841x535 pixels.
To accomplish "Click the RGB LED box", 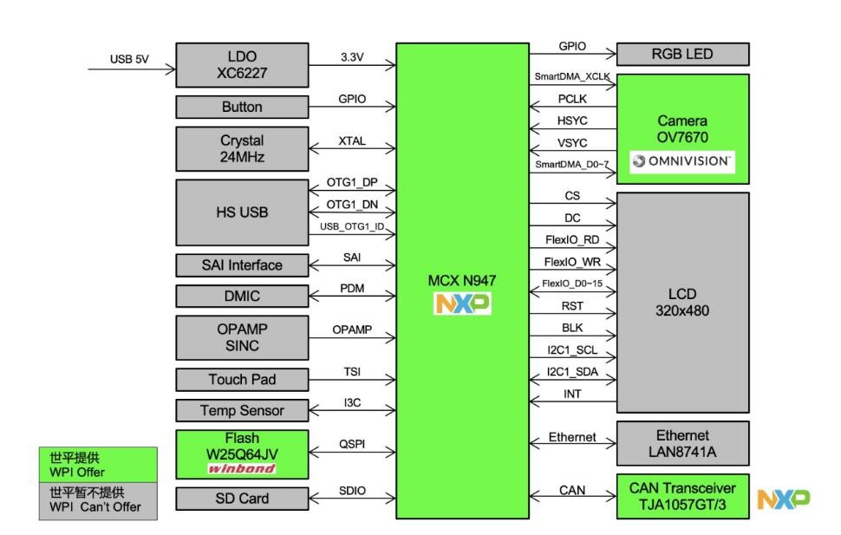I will (x=682, y=55).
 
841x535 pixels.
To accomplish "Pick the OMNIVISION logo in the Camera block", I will (x=682, y=160).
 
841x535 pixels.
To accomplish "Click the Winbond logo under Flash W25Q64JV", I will (x=242, y=468).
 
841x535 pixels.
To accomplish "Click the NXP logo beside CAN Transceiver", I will (x=784, y=498).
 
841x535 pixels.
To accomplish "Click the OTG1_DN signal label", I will (x=352, y=204).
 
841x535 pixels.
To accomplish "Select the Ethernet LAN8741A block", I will (x=682, y=442).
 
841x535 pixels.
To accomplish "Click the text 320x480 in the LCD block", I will (x=682, y=310).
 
